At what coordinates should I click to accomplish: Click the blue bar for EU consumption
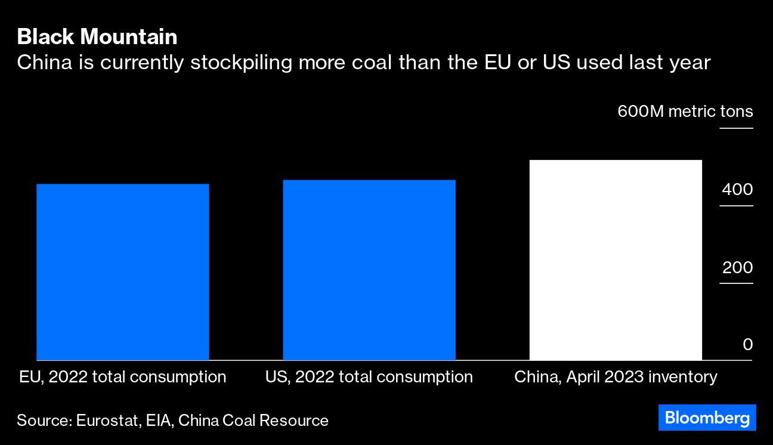[123, 272]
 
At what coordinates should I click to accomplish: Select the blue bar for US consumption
[369, 270]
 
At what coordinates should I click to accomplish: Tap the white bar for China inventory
[616, 260]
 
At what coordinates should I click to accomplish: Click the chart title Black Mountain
[97, 36]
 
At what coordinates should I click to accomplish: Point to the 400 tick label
[737, 190]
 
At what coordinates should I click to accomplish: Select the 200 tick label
[737, 268]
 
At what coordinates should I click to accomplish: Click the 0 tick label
[748, 345]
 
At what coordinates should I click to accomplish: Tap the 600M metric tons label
[685, 112]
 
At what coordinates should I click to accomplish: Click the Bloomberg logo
[707, 418]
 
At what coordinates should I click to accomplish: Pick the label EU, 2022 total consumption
[123, 377]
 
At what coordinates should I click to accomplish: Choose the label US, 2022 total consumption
[369, 377]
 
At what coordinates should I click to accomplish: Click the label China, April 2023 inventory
[616, 377]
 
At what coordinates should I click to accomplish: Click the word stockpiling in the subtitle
[241, 63]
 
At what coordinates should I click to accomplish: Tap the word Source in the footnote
[45, 421]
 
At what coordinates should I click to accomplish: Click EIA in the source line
[160, 421]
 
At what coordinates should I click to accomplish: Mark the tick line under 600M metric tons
[736, 128]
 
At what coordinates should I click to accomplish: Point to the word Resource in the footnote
[293, 421]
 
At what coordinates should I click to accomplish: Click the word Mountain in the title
[129, 36]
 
